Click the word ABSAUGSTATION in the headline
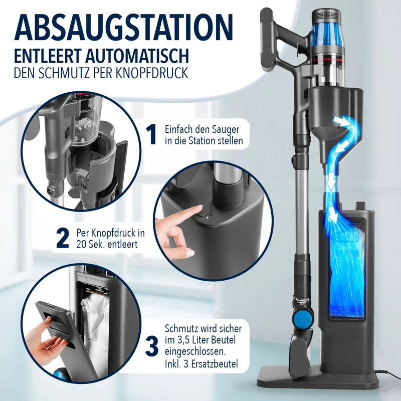click(x=123, y=27)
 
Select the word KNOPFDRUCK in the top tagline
click(x=152, y=73)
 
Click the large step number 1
click(x=151, y=134)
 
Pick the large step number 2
click(x=62, y=238)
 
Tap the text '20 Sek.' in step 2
click(x=91, y=244)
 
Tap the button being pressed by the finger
click(x=204, y=211)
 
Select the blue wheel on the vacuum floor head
click(x=306, y=318)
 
